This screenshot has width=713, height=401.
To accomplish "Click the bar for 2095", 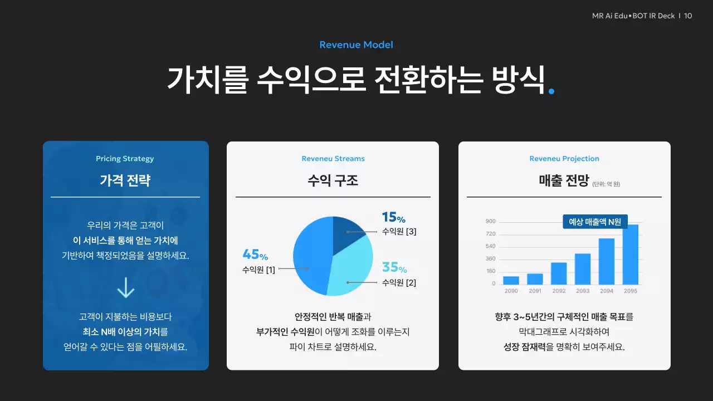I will (x=631, y=255).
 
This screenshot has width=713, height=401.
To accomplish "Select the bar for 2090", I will (x=511, y=280).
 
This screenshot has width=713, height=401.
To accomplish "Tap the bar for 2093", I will (x=583, y=269).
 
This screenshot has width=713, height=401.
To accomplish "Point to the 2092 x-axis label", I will (x=559, y=291).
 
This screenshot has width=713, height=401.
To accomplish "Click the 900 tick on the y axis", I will (x=490, y=222).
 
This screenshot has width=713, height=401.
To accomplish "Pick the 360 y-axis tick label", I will (x=490, y=259).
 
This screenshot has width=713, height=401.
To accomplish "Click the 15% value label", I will (x=393, y=217).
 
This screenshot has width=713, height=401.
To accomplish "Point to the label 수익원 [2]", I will (x=399, y=283).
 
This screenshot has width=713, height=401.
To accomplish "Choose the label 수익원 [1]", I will (x=258, y=270).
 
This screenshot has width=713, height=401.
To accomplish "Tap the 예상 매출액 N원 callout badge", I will (x=595, y=222).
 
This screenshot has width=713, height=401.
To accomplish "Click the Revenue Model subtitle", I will (x=356, y=45).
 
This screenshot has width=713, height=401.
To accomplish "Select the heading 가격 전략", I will (x=125, y=180).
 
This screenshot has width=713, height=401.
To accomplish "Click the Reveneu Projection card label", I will (x=564, y=159).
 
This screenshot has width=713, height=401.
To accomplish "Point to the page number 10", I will (x=688, y=16).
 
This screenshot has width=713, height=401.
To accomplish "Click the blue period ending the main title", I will (x=551, y=91).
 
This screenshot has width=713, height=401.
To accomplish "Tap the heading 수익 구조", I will (x=333, y=180).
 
